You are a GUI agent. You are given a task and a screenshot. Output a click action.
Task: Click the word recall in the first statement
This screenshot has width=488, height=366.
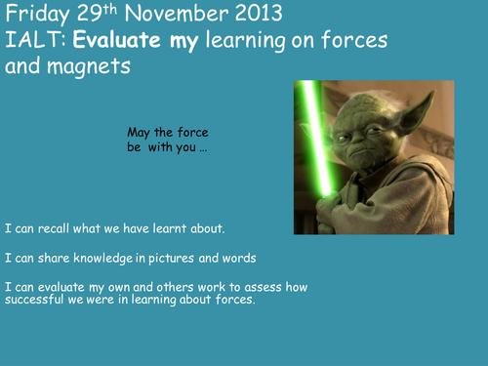click(61, 229)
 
